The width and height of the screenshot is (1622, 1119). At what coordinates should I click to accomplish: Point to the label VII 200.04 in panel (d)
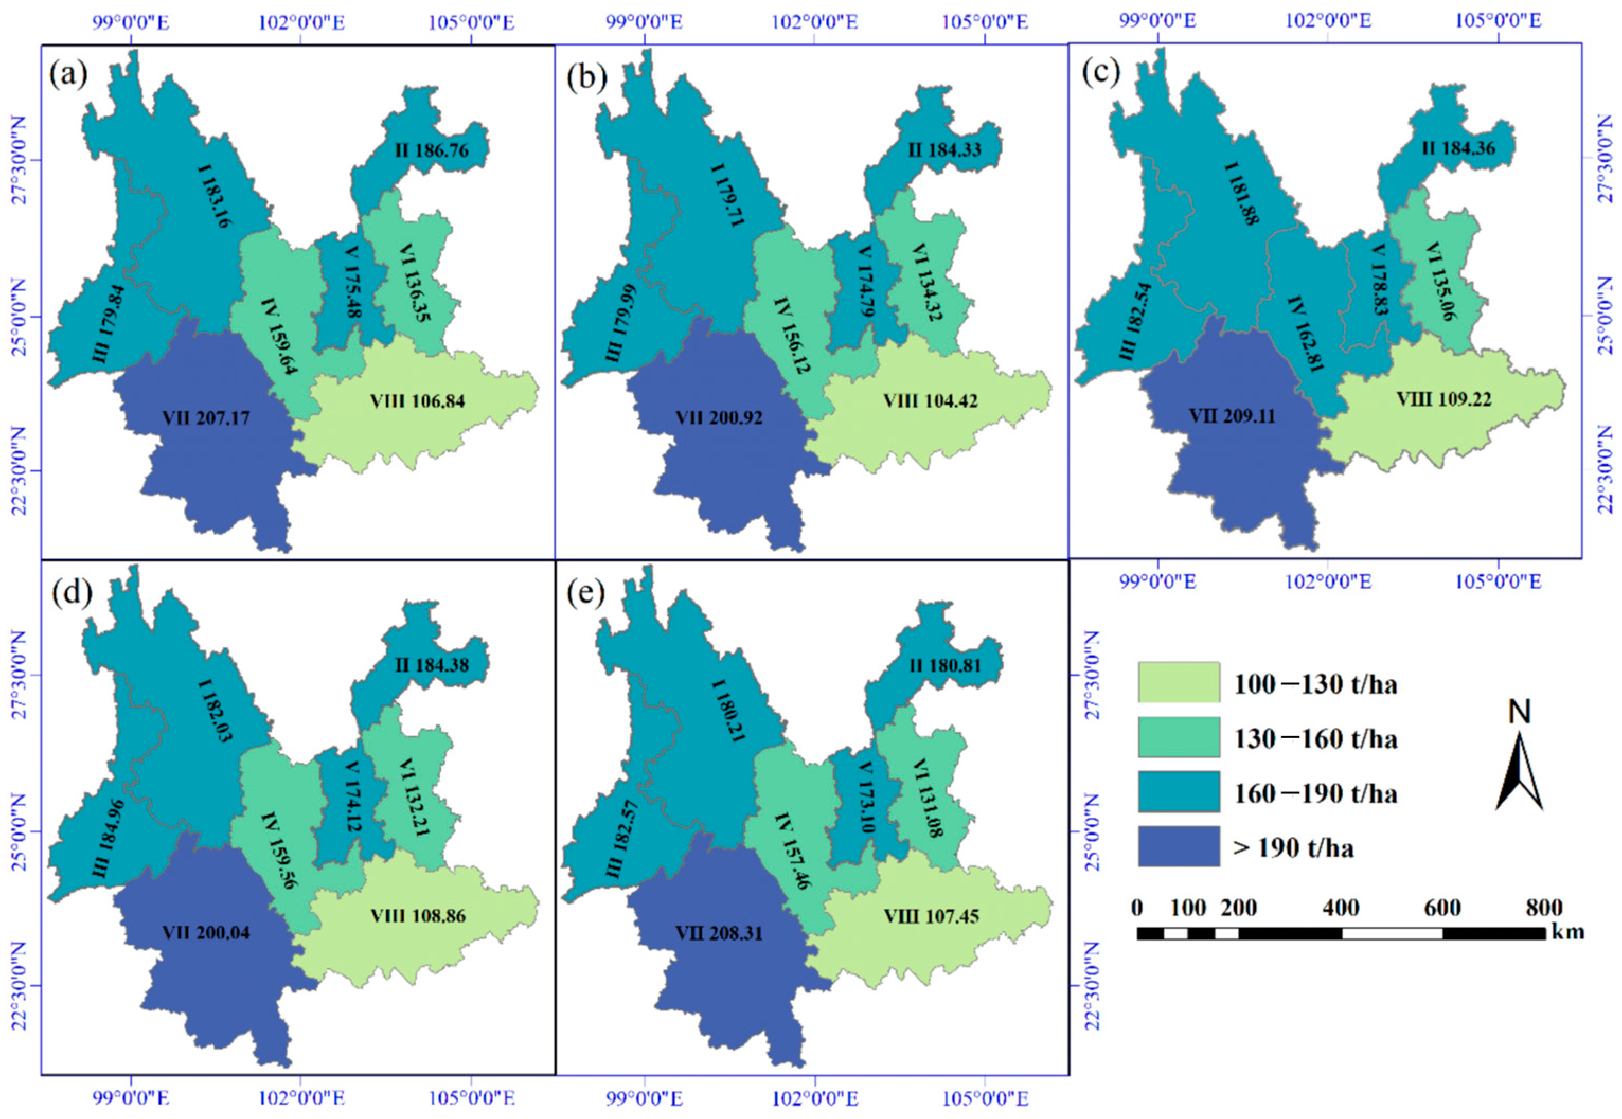click(206, 933)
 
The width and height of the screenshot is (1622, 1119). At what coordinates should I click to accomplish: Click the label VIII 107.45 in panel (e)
click(931, 916)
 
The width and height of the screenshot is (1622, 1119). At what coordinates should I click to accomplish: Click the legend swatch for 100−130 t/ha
click(1178, 682)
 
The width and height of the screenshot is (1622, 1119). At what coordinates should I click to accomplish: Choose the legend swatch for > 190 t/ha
click(1178, 846)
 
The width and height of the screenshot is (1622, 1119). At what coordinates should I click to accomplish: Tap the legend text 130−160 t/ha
click(1315, 738)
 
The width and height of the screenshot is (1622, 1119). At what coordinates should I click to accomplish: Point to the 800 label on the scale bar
click(1544, 908)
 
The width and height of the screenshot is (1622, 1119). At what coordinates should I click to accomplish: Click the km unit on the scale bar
click(1568, 933)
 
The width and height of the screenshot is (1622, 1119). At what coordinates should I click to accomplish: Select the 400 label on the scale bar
click(1341, 908)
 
